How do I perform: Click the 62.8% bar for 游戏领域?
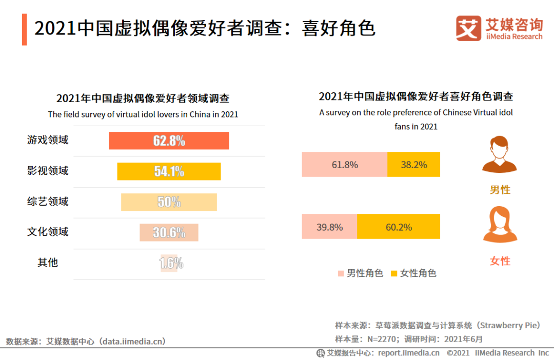pos(169,141)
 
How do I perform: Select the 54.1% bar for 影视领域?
pos(169,171)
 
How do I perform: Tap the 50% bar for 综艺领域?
pos(169,202)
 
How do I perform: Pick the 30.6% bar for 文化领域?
pos(169,232)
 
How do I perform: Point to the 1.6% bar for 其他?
pos(169,263)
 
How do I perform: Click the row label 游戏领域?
pos(48,140)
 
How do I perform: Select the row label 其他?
pos(48,263)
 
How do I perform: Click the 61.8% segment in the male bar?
pos(344,165)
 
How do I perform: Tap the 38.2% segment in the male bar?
pos(413,165)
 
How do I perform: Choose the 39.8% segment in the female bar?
pos(329,227)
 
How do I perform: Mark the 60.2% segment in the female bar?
pos(399,227)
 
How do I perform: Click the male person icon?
pos(500,154)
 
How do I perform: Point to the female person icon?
pos(500,225)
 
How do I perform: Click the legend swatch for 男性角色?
pos(341,273)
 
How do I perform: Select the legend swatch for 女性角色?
pos(394,273)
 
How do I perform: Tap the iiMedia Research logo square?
pos(468,29)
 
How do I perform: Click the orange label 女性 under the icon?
pos(500,261)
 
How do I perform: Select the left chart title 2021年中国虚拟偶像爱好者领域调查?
pos(143,98)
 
